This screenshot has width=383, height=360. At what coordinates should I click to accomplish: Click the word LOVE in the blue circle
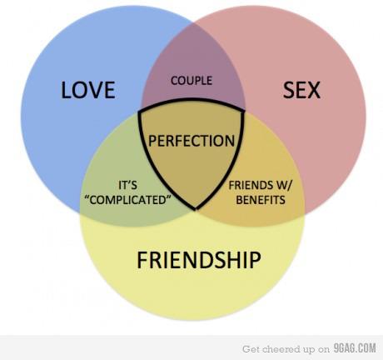88,90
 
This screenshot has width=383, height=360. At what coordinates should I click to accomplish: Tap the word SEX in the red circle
301,90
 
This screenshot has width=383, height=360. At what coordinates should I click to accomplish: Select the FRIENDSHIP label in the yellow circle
199,260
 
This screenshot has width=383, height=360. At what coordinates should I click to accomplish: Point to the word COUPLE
191,81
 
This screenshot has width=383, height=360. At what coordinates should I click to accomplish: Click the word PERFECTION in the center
191,141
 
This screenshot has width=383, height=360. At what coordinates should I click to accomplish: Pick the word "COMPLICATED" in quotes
127,200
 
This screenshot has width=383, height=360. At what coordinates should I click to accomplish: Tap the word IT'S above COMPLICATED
127,185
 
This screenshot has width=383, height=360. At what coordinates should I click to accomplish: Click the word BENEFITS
261,200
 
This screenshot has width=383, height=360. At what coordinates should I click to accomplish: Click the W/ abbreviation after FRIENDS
284,185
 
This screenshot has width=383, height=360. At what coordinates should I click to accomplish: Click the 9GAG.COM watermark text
355,348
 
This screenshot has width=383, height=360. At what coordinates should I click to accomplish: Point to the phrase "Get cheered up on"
286,349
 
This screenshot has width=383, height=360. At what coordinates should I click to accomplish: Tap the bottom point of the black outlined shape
196,210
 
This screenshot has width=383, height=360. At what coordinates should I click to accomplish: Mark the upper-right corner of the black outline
244,111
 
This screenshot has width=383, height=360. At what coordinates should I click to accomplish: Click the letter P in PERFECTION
152,141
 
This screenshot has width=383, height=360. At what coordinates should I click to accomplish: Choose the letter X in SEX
314,90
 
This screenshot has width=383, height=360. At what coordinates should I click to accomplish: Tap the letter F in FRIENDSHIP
142,260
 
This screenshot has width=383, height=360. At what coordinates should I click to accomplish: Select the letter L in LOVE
65,90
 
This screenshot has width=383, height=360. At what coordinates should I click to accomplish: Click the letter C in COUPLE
175,81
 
